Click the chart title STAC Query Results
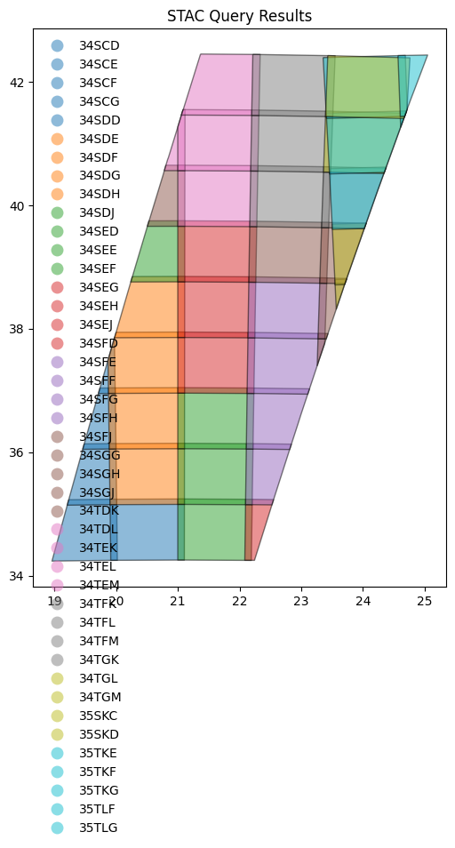[x=240, y=16]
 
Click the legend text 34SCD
[x=99, y=45]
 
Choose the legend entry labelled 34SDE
[x=99, y=139]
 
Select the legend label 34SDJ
[x=99, y=213]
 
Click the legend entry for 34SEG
[x=99, y=288]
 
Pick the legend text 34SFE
[x=99, y=363]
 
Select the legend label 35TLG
[x=99, y=828]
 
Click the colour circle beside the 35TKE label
[x=58, y=753]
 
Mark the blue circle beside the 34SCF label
[x=58, y=83]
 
